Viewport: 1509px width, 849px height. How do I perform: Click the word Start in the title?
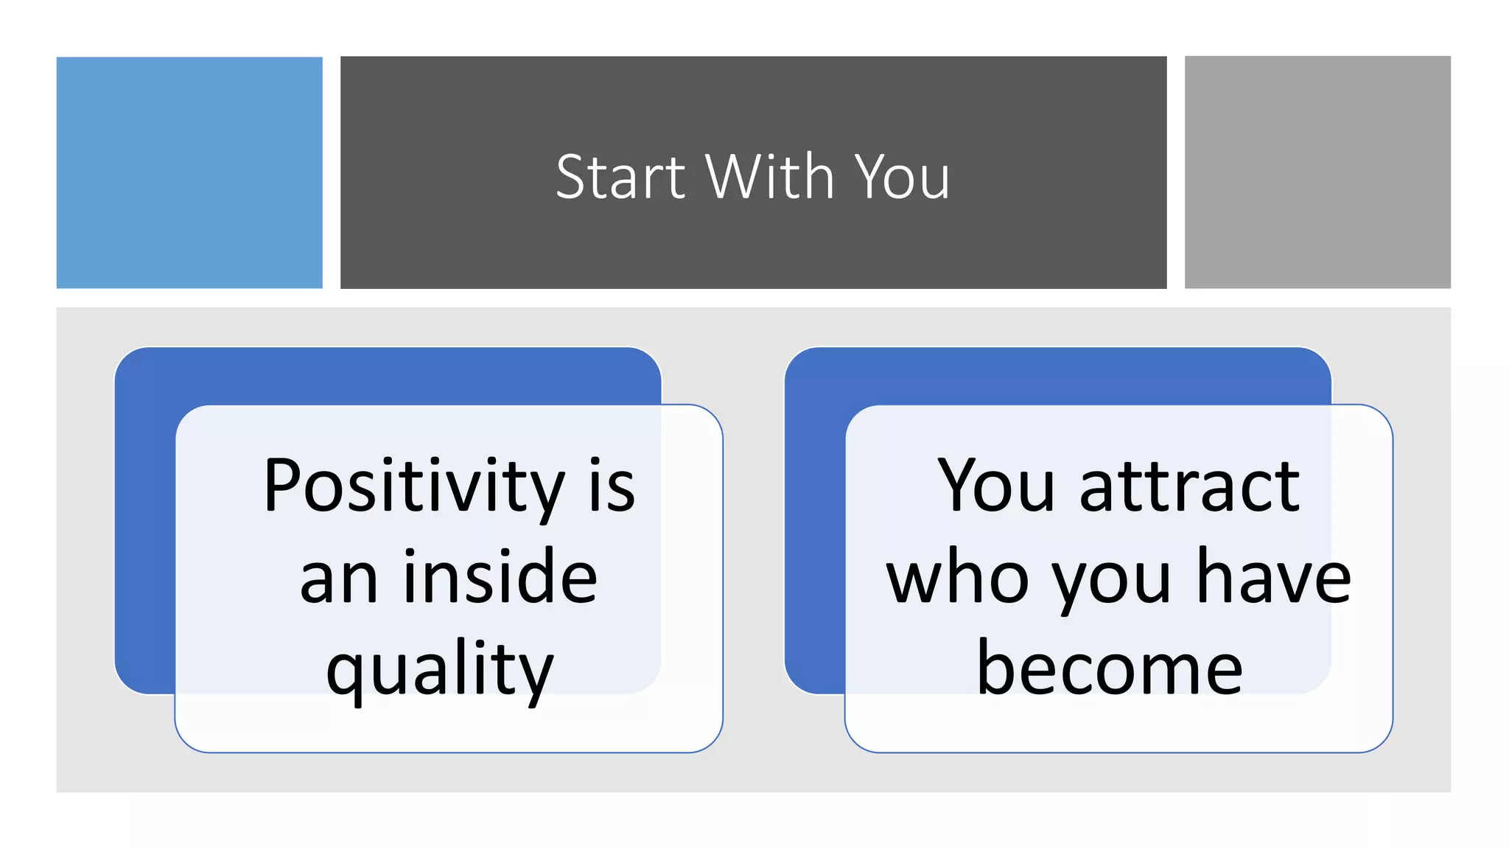click(x=620, y=178)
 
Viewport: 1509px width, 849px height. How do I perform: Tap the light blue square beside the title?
click(x=189, y=172)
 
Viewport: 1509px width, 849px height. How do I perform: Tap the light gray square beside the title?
click(x=1317, y=172)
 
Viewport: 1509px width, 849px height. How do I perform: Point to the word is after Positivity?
click(x=612, y=488)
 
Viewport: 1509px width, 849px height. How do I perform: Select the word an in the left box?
click(x=338, y=579)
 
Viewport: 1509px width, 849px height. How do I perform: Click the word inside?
click(x=500, y=578)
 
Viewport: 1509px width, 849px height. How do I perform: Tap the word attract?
click(x=1189, y=488)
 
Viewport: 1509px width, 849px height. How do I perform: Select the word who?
click(x=957, y=579)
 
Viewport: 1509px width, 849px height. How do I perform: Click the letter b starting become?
click(x=995, y=668)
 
